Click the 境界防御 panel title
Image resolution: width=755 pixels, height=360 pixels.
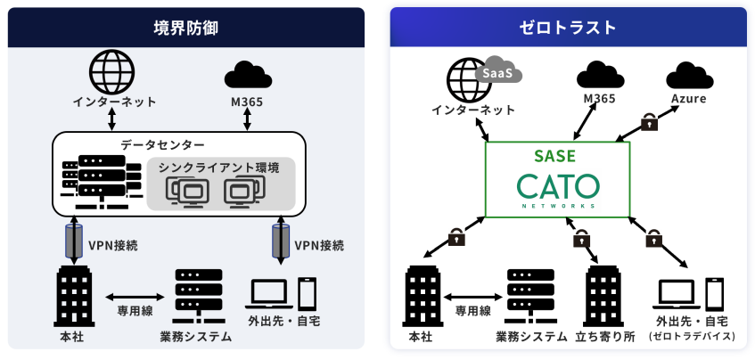pyautogui.click(x=185, y=27)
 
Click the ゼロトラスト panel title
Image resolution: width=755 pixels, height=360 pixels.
pyautogui.click(x=568, y=27)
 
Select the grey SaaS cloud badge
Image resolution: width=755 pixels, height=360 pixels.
pyautogui.click(x=497, y=72)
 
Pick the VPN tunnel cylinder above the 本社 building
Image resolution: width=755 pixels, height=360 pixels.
pyautogui.click(x=70, y=241)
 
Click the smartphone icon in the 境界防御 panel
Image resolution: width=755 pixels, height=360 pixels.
pyautogui.click(x=308, y=293)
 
